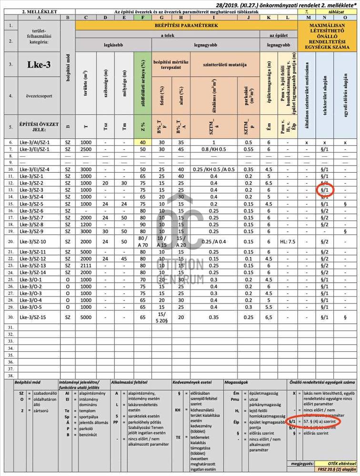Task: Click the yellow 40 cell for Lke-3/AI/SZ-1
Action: pos(142,142)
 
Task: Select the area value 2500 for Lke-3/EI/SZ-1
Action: pos(86,149)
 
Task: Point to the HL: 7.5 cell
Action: pos(288,241)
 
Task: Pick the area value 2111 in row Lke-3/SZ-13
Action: pos(86,266)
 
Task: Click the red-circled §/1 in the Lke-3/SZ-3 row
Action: pos(324,190)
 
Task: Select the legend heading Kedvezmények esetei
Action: pos(192,382)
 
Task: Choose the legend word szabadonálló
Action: pos(44,394)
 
